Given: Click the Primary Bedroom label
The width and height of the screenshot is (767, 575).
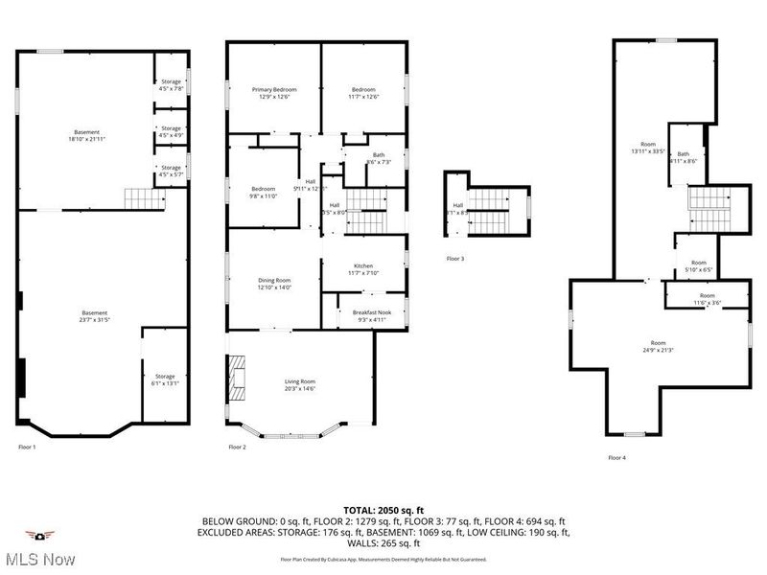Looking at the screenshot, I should [x=274, y=93].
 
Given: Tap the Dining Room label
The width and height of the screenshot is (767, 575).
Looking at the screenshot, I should [x=274, y=284].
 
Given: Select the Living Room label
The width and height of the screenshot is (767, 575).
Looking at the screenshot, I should [x=300, y=385].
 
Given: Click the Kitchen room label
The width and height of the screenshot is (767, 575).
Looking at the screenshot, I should [x=363, y=269].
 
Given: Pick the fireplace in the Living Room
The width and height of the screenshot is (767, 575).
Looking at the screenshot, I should [x=236, y=378].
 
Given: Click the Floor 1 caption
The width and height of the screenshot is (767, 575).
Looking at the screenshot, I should [x=27, y=448].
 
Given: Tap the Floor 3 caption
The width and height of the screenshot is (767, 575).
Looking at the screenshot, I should [x=456, y=259].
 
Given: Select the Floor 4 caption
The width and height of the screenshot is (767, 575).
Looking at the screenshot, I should [x=617, y=458].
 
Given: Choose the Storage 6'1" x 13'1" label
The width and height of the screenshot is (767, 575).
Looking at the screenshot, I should [x=165, y=379].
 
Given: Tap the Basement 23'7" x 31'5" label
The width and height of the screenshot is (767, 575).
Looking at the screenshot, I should [x=94, y=316].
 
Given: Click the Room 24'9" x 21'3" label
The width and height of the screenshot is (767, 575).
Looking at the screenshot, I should [x=658, y=346].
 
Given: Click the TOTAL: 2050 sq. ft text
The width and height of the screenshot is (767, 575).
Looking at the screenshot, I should [x=383, y=510].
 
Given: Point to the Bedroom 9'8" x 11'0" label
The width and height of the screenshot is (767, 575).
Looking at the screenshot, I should [x=264, y=192].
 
